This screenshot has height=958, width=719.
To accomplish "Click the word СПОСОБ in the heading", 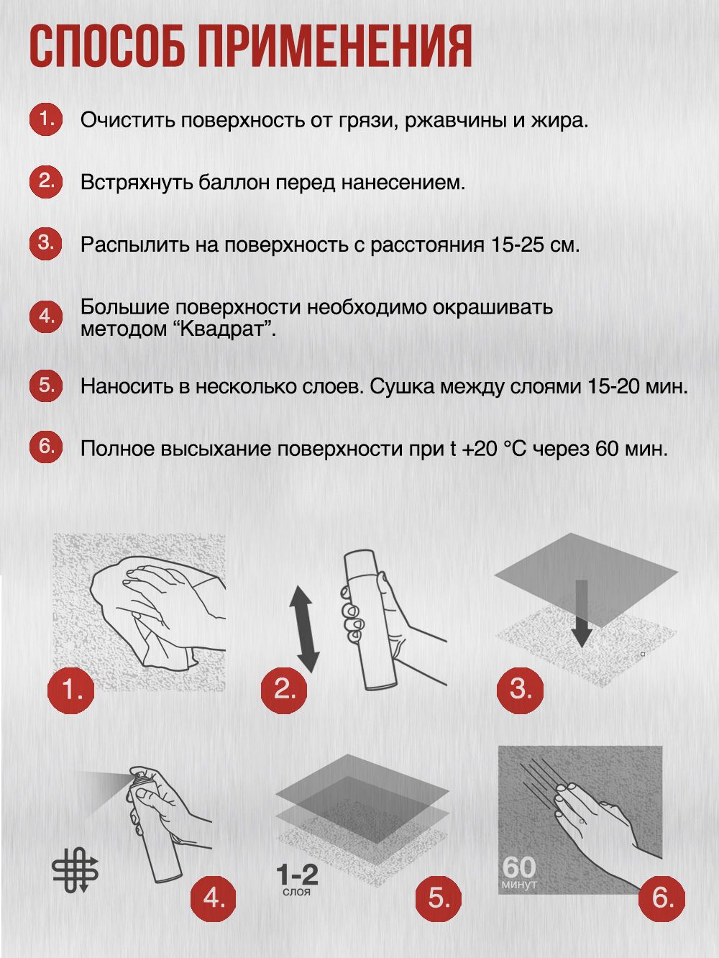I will [x=109, y=47].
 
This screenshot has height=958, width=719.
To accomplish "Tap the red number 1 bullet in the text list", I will [x=46, y=119].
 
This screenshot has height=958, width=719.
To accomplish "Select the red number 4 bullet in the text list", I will [x=46, y=317].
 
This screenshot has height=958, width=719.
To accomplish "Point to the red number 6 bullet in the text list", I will [x=46, y=447].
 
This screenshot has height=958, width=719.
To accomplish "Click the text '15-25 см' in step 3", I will [x=535, y=245].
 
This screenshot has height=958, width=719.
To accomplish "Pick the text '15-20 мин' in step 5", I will [x=637, y=386].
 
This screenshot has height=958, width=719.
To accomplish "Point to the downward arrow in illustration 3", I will [x=582, y=615].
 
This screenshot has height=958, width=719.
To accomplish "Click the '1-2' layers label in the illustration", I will [x=297, y=875].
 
